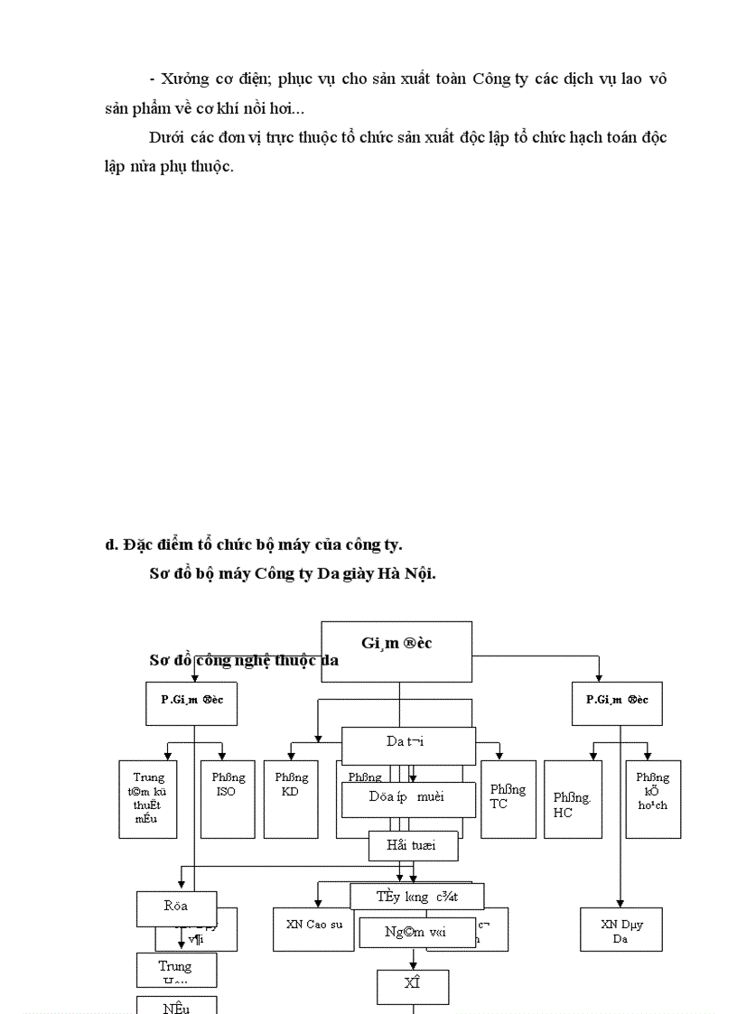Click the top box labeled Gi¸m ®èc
coord(396,650)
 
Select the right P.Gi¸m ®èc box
coord(617,703)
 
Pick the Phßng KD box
coord(290,798)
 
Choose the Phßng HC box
coord(573,798)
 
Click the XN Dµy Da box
coord(620,929)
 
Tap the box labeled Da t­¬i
coord(408,746)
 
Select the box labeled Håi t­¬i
coord(413,846)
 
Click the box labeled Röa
coord(176,907)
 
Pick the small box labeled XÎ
coord(413,986)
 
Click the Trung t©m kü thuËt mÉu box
coord(148,798)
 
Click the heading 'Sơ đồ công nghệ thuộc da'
coord(244,660)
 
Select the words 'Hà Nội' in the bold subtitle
coord(409,573)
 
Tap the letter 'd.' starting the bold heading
coord(112,544)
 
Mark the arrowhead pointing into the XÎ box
coord(413,965)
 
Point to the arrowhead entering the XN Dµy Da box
coord(620,903)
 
